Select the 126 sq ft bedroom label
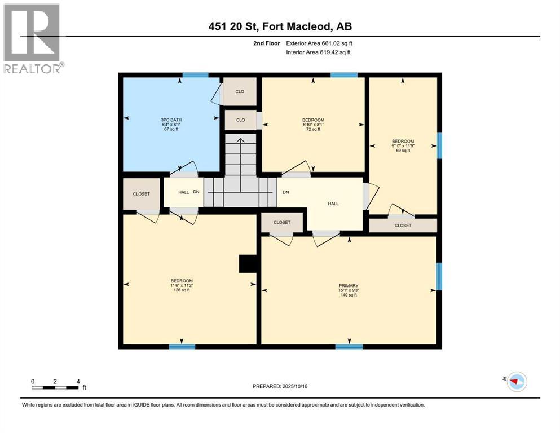pos(182,285)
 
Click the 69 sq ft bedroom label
pos(403,145)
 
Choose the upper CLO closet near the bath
pos(240,91)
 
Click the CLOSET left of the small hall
pos(141,194)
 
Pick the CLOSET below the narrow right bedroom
pos(403,226)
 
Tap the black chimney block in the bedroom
pos(248,263)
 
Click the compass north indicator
pos(515,382)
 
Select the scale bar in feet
pos(55,387)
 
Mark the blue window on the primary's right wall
pos(439,276)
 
